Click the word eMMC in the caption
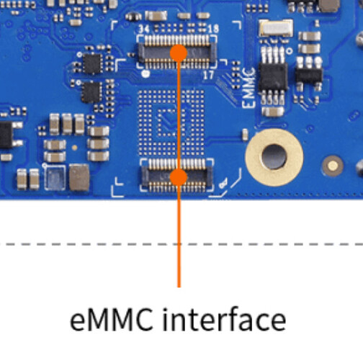click(112, 320)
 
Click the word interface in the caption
click(225, 319)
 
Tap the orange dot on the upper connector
click(179, 53)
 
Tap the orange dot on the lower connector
click(179, 177)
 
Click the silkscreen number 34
click(144, 29)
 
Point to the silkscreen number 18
click(213, 29)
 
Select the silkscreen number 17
click(208, 75)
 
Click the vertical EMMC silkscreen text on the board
click(248, 88)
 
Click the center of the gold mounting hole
click(274, 157)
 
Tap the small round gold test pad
click(333, 166)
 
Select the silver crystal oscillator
click(276, 28)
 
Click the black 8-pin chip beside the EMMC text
click(273, 76)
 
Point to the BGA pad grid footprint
click(171, 123)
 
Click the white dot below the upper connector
click(145, 73)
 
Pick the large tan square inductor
click(79, 178)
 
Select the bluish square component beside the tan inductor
click(55, 178)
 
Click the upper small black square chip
click(92, 64)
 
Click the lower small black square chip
click(91, 92)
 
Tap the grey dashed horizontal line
click(181, 244)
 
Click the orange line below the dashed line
click(179, 266)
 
